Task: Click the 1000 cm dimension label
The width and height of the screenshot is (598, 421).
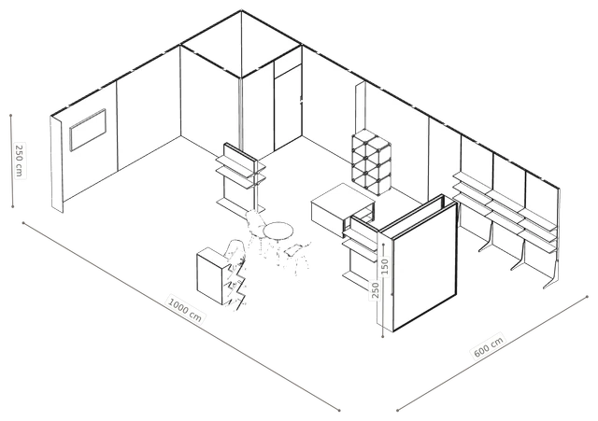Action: [185, 308]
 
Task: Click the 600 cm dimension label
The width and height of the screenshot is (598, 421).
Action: [489, 346]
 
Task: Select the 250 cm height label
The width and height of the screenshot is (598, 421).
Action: [19, 160]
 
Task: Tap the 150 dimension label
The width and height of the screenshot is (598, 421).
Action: [384, 266]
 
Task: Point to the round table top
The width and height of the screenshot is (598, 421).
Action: [278, 231]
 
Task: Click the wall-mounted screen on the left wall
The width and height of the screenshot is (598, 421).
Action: [88, 130]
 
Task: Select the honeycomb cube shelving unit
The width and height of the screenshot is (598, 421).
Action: [371, 161]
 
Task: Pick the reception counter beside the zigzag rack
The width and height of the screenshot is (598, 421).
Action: [211, 275]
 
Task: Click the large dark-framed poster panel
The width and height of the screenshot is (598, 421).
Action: [424, 267]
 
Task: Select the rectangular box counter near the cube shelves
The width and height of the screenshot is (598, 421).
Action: [342, 209]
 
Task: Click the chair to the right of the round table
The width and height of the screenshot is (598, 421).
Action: [298, 255]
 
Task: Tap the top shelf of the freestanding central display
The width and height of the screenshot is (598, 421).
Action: [241, 161]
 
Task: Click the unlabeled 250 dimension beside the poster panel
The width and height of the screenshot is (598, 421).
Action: [376, 290]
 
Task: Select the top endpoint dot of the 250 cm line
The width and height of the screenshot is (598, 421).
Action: [11, 115]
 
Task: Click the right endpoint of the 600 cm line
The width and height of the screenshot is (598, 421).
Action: [588, 296]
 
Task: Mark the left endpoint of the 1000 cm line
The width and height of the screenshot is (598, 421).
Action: [23, 223]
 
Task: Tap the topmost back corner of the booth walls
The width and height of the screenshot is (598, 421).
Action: [241, 10]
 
